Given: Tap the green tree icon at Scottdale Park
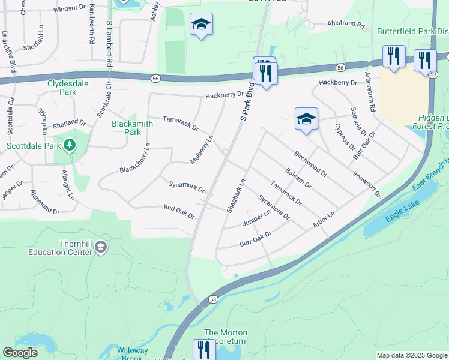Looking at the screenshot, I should [x=70, y=145].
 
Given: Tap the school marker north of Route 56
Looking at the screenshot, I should [x=201, y=25].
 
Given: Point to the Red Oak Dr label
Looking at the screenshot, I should [x=179, y=211].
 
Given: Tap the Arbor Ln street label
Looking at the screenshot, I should [x=323, y=220].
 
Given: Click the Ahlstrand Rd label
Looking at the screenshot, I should [x=346, y=25].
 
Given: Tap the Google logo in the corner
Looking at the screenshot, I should [x=20, y=353].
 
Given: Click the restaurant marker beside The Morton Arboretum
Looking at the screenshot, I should [x=204, y=349].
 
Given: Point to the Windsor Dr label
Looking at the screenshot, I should [x=70, y=8].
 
